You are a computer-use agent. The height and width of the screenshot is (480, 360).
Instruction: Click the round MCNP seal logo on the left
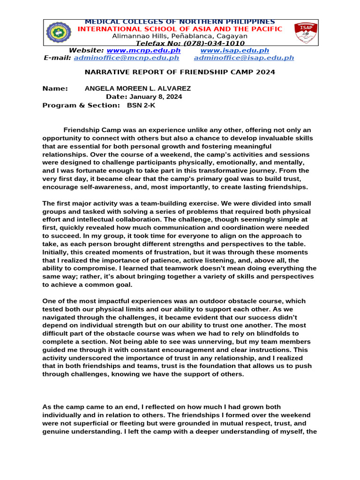[x=59, y=32]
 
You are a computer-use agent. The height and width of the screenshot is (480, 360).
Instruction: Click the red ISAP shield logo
[x=305, y=32]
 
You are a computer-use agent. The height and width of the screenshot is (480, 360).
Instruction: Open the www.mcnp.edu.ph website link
[x=143, y=51]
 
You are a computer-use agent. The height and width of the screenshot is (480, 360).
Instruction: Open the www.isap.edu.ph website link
[x=234, y=51]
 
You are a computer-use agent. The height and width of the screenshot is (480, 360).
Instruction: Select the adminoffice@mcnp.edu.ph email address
[x=126, y=58]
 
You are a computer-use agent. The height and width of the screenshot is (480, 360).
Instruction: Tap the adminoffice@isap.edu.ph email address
[x=244, y=58]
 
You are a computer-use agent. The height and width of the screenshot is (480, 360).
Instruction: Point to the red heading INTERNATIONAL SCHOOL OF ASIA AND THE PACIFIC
[x=180, y=29]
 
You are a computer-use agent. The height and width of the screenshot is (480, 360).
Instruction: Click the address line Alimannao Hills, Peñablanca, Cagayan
[x=180, y=36]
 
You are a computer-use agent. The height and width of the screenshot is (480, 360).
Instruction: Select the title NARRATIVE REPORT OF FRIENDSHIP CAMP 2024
[x=180, y=72]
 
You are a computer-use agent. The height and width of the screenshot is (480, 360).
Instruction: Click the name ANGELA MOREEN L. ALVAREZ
[x=137, y=89]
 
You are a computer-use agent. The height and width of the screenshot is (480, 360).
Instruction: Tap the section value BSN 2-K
[x=141, y=105]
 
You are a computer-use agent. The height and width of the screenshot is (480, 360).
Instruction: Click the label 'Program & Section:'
[x=81, y=105]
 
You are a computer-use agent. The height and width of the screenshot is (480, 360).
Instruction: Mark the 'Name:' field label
[x=55, y=89]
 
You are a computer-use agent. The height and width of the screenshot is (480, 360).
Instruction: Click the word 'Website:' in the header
[x=86, y=51]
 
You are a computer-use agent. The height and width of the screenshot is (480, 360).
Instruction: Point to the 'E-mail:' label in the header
[x=58, y=58]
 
